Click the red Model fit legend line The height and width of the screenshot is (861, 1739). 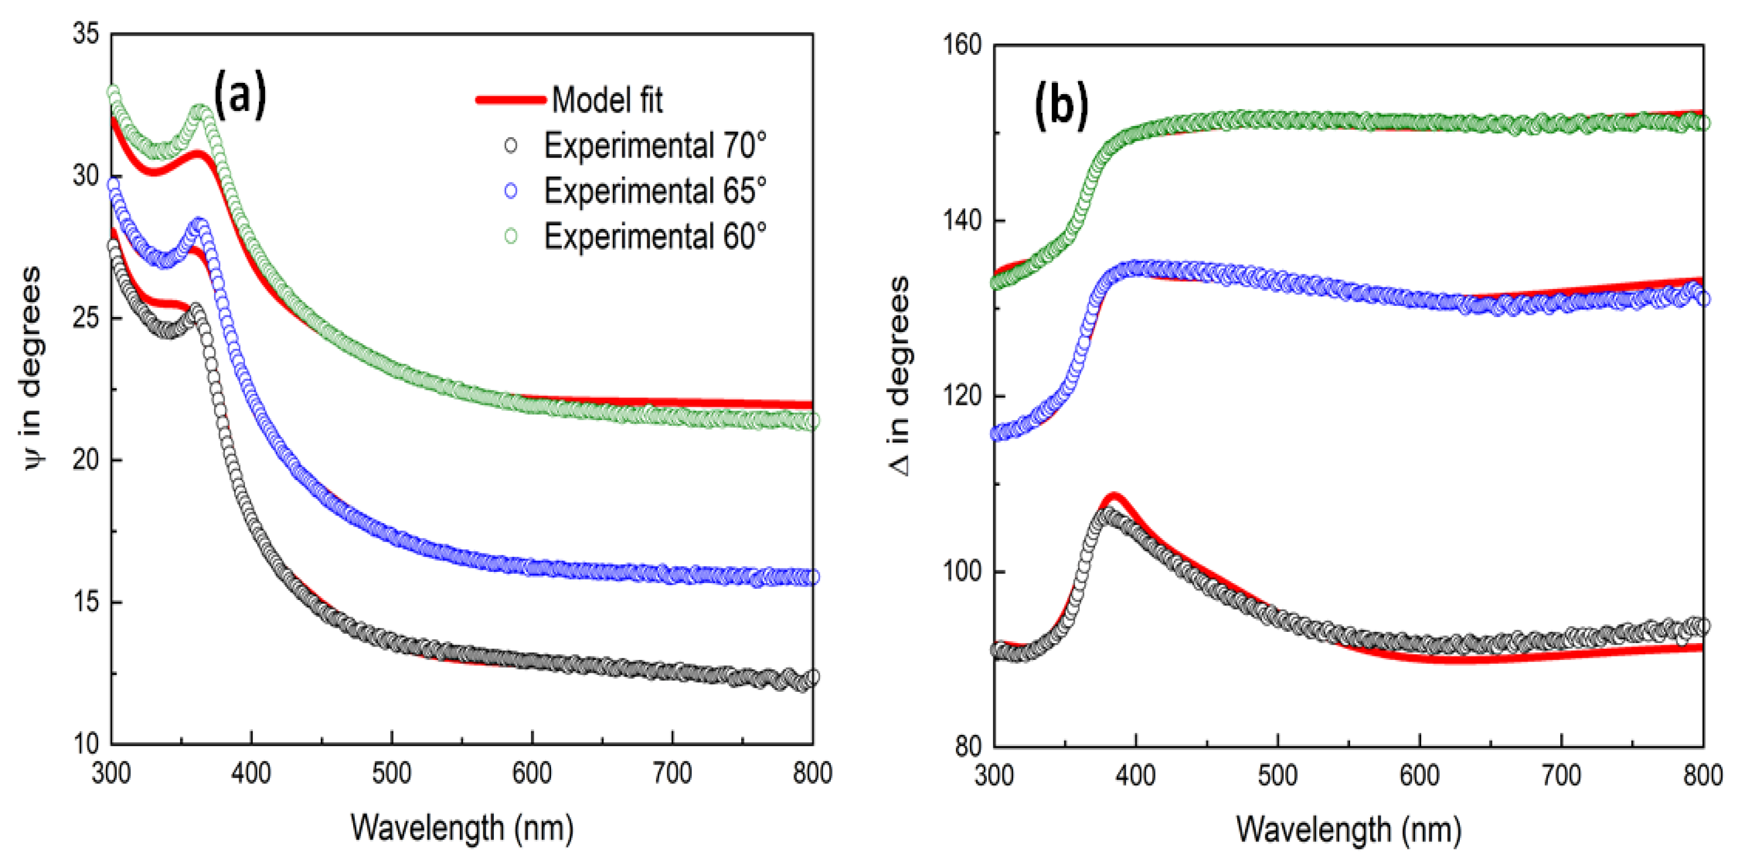click(x=511, y=100)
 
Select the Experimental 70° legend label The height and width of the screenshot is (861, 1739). click(x=655, y=146)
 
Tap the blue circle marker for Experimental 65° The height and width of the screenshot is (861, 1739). click(x=511, y=191)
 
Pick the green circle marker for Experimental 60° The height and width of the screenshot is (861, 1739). click(x=511, y=236)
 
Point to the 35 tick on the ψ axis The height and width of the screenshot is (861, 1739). click(x=86, y=34)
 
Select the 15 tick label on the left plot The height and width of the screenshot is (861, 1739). click(x=86, y=602)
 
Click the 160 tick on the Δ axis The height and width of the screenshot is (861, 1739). click(x=961, y=45)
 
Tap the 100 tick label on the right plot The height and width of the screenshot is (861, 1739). click(x=961, y=571)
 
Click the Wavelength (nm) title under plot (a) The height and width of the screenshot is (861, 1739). click(x=462, y=827)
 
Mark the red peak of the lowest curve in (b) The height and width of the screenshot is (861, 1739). click(x=1113, y=499)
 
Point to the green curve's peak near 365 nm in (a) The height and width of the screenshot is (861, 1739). click(x=201, y=111)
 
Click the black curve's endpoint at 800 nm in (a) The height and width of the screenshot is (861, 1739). click(x=813, y=677)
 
